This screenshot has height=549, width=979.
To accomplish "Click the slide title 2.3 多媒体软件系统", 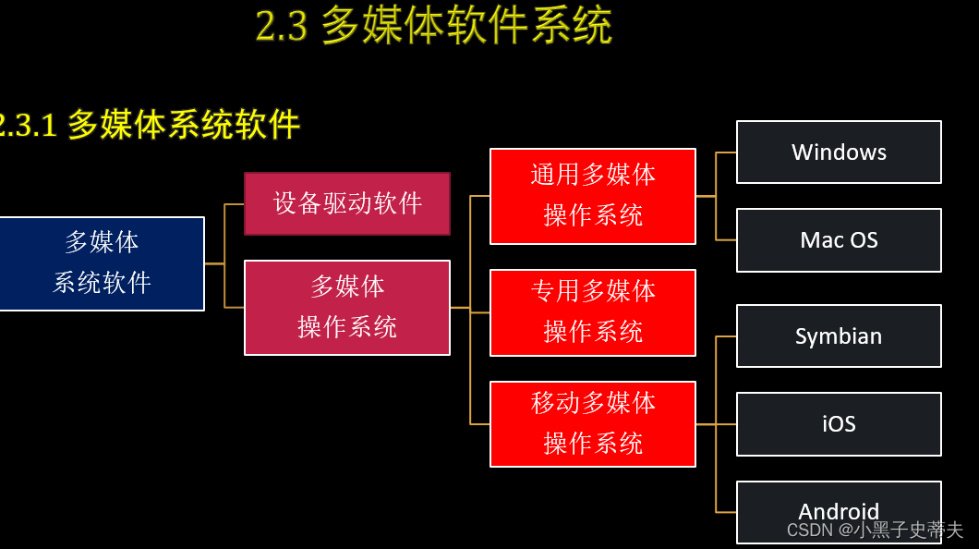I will pyautogui.click(x=434, y=27).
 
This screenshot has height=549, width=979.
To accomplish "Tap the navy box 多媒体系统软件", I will pyautogui.click(x=102, y=263).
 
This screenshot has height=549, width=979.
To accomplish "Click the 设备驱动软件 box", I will pyautogui.click(x=347, y=203).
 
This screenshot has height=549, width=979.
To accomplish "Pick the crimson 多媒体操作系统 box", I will pyautogui.click(x=347, y=308).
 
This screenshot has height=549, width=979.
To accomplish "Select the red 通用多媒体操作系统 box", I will pyautogui.click(x=593, y=196).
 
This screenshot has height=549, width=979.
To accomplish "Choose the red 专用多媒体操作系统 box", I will pyautogui.click(x=593, y=312).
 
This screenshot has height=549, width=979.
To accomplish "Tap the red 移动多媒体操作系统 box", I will pyautogui.click(x=593, y=424).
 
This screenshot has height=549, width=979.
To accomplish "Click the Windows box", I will pyautogui.click(x=839, y=152).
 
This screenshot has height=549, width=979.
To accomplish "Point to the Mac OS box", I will pyautogui.click(x=839, y=240).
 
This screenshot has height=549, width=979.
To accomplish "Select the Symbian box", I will pyautogui.click(x=839, y=336).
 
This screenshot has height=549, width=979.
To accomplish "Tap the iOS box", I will pyautogui.click(x=839, y=424).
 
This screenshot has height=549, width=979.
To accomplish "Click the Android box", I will pyautogui.click(x=839, y=510).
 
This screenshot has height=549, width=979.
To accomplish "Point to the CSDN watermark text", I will pyautogui.click(x=875, y=531).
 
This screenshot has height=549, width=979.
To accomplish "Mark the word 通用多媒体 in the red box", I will pyautogui.click(x=593, y=175).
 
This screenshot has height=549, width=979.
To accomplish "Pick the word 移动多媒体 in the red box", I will pyautogui.click(x=593, y=403).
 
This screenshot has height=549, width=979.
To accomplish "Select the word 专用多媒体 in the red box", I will pyautogui.click(x=593, y=291).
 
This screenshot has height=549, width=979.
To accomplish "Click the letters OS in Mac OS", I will pyautogui.click(x=864, y=240).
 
